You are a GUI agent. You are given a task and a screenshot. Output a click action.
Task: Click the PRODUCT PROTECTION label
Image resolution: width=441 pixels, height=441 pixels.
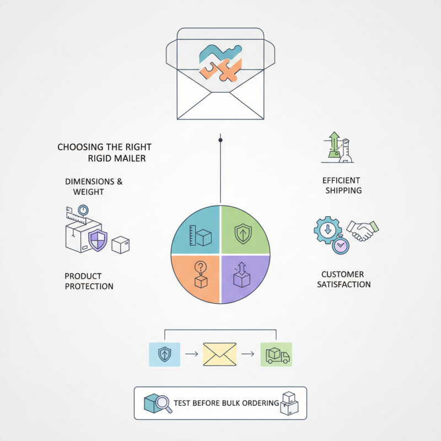click(89, 281)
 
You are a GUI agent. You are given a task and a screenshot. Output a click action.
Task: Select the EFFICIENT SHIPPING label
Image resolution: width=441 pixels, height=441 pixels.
click(342, 185)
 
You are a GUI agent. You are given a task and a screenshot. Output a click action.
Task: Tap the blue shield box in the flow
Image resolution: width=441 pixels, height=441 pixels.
click(164, 354)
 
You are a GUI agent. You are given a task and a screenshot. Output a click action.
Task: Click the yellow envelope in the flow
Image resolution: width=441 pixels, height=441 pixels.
click(219, 354)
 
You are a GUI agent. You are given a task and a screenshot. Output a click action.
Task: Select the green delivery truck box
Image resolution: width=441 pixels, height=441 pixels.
click(276, 354)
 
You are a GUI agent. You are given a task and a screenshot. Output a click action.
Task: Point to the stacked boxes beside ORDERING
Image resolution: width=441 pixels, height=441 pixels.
click(289, 404)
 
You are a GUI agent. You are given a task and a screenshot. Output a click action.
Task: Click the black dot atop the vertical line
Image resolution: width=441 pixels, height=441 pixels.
click(220, 140)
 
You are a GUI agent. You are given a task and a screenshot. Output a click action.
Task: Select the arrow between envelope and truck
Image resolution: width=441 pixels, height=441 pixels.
click(248, 354)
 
